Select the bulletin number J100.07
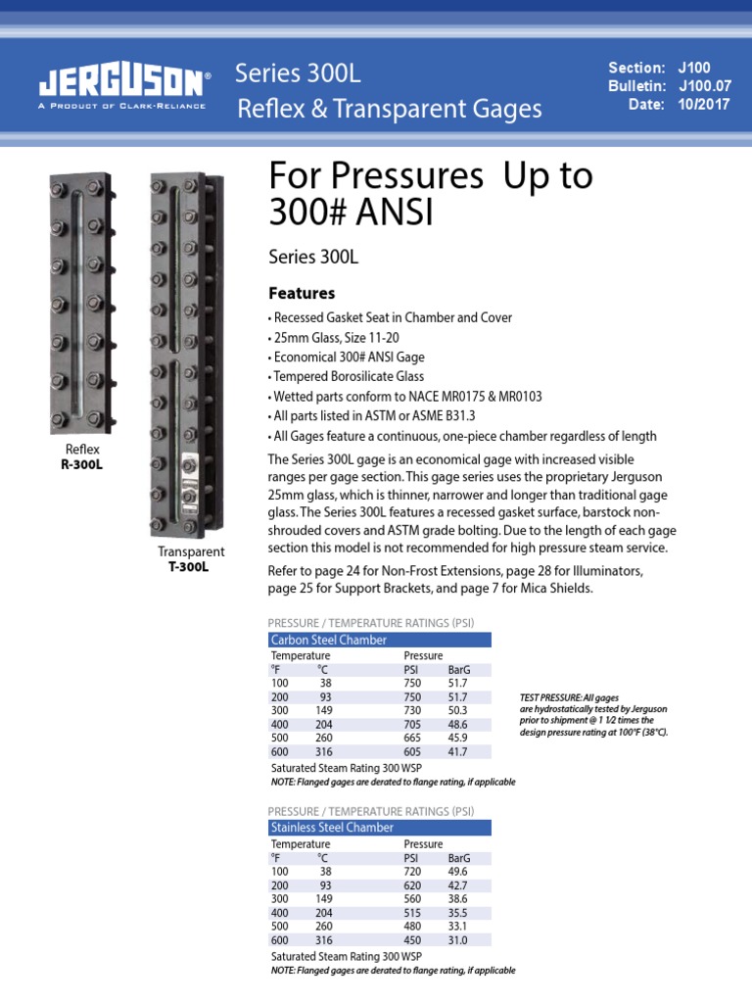coord(703,86)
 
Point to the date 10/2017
coord(703,105)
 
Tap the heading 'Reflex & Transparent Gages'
coord(390,110)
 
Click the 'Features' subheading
coord(302,293)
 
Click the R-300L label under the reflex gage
coord(82,464)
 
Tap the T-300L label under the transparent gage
coord(191,566)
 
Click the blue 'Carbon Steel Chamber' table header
coord(379,640)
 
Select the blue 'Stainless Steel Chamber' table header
coord(379,828)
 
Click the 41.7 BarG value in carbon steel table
coord(457,751)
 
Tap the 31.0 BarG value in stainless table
coord(457,939)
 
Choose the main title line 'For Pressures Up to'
coord(431,176)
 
